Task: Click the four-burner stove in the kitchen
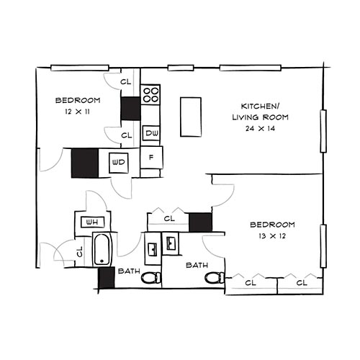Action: (150, 95)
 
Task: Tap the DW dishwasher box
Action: (151, 133)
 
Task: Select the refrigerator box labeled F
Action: (151, 157)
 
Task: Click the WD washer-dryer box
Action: (119, 162)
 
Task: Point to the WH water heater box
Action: (91, 222)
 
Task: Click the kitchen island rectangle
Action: (191, 116)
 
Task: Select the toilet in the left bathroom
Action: (150, 278)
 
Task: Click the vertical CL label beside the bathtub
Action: (79, 252)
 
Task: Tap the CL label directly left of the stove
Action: (126, 81)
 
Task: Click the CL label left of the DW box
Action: (126, 135)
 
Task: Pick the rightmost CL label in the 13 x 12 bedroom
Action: (302, 283)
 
